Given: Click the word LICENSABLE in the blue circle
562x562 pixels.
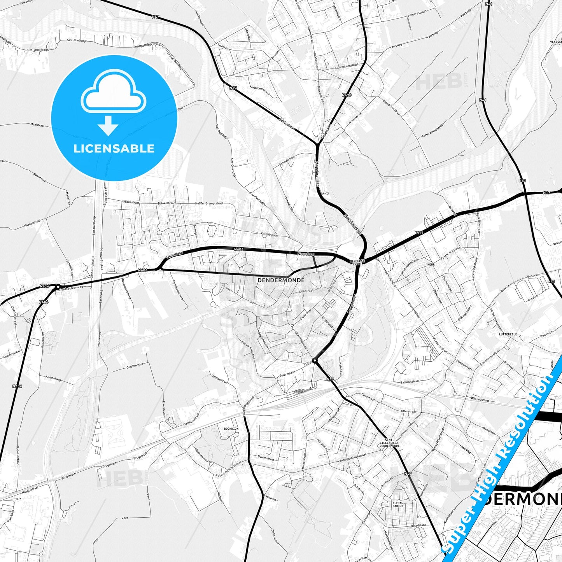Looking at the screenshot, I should coord(114,149).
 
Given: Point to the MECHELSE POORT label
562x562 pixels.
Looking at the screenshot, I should coord(356,262).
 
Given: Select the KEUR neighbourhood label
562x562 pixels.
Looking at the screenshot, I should coord(431,264).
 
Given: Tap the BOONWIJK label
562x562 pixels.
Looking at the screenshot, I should coord(231,429).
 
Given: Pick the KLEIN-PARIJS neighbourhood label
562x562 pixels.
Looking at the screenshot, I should coord(398,504).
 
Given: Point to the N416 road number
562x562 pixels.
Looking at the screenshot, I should coord(44,286).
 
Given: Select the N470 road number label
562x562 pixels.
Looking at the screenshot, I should coord(347,95).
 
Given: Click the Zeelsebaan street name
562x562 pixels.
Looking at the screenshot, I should coord(287,124).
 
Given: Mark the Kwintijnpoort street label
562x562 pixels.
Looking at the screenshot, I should coord(270,235).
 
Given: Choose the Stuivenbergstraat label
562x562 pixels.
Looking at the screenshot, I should coord(346,67).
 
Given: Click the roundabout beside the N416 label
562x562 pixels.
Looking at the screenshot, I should coord(58,287).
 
